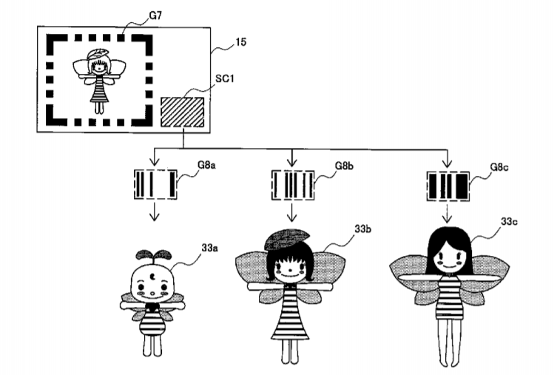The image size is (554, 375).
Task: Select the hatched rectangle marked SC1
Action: pos(183,111)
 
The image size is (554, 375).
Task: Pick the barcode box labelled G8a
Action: pos(155,184)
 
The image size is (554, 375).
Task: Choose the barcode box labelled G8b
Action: pos(293,184)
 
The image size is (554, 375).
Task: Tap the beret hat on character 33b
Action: pos(288,239)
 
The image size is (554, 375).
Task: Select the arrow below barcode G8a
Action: pos(154,212)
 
